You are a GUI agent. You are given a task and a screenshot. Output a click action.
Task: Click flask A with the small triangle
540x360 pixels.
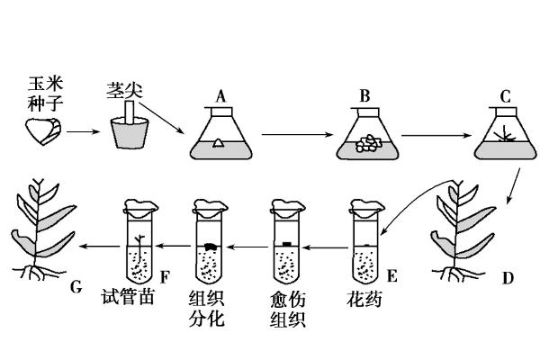click(219, 137)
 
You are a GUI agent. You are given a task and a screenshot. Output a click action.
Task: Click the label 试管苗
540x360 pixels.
click(127, 299)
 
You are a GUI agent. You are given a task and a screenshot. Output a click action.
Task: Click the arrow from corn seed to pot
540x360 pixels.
click(84, 133)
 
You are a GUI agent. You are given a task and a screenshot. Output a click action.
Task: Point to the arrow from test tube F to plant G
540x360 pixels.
click(99, 245)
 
